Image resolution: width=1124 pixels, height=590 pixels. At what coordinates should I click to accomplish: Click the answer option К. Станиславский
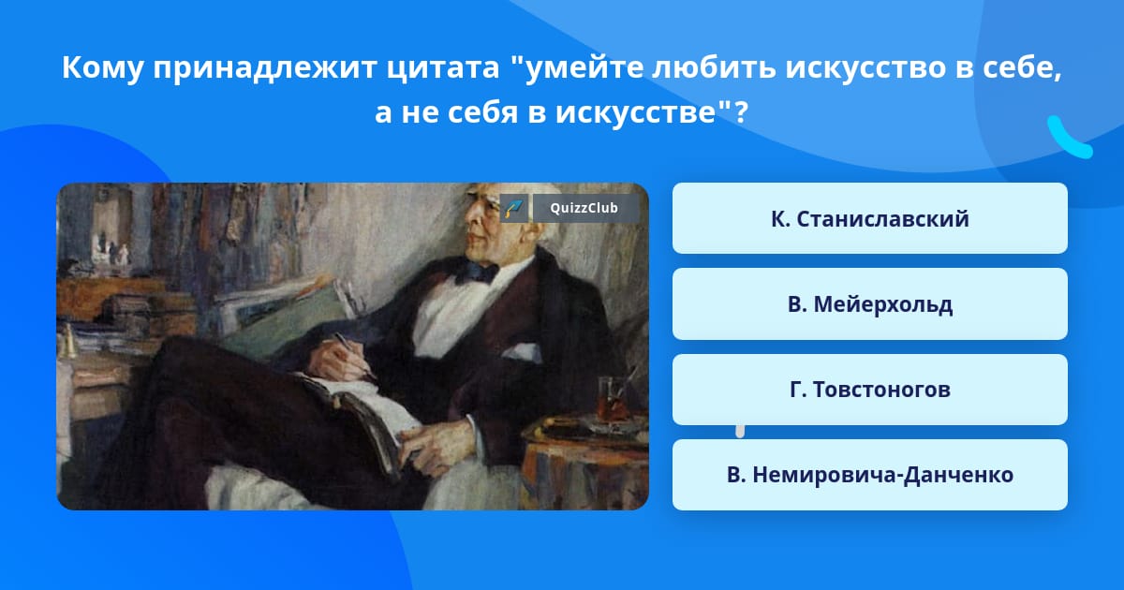[869, 218]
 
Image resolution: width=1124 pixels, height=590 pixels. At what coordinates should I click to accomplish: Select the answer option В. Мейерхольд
[869, 304]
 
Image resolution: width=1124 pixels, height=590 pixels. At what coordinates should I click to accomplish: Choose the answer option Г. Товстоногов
[869, 390]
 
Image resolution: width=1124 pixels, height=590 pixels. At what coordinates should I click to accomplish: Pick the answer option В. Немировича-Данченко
[869, 475]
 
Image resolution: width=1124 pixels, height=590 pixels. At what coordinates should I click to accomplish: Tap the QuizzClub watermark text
[584, 208]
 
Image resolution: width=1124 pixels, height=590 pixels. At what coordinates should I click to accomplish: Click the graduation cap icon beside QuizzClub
[514, 208]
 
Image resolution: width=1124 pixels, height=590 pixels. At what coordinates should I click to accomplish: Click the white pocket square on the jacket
[522, 352]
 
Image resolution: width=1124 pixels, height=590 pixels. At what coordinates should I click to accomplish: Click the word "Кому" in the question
[102, 67]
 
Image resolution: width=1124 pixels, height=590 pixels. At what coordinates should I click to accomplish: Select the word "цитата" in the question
[443, 67]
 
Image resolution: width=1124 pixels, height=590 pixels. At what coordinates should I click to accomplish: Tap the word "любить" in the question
[713, 67]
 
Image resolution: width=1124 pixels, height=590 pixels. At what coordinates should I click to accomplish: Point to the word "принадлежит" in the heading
[264, 67]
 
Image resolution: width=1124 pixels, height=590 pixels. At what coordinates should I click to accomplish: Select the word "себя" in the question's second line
[481, 112]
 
